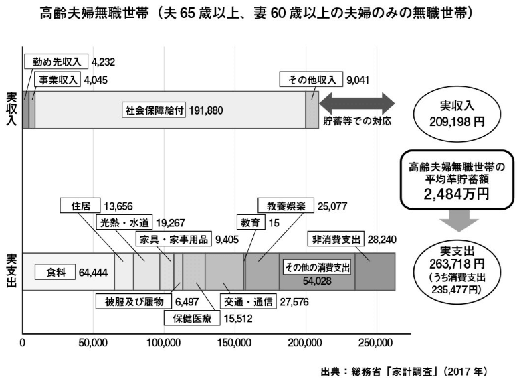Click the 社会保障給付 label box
(x=154, y=110)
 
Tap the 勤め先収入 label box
(x=56, y=62)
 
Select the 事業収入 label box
(x=54, y=80)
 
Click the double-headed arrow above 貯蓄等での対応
(x=356, y=103)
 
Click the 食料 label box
(x=50, y=273)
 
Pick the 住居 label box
(x=80, y=205)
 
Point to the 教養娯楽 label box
(x=282, y=205)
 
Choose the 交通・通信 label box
(x=249, y=301)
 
